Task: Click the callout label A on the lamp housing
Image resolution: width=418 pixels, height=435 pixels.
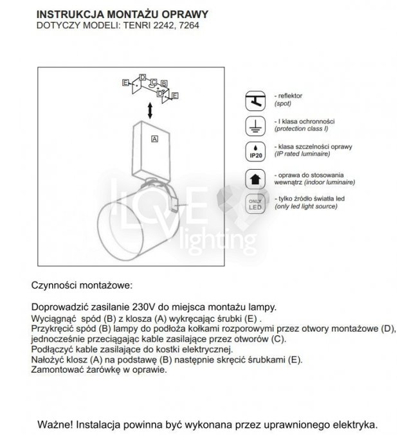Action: (154, 138)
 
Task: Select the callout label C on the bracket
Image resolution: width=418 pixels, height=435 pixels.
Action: (153, 82)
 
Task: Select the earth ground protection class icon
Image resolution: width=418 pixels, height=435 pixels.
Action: (255, 125)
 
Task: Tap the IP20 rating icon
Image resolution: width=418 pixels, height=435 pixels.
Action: (255, 152)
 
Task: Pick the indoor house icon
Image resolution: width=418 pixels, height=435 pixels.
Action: (255, 178)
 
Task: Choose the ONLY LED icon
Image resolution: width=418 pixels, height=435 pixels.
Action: (255, 203)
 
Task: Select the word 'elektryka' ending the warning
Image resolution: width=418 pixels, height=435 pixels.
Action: (353, 425)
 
